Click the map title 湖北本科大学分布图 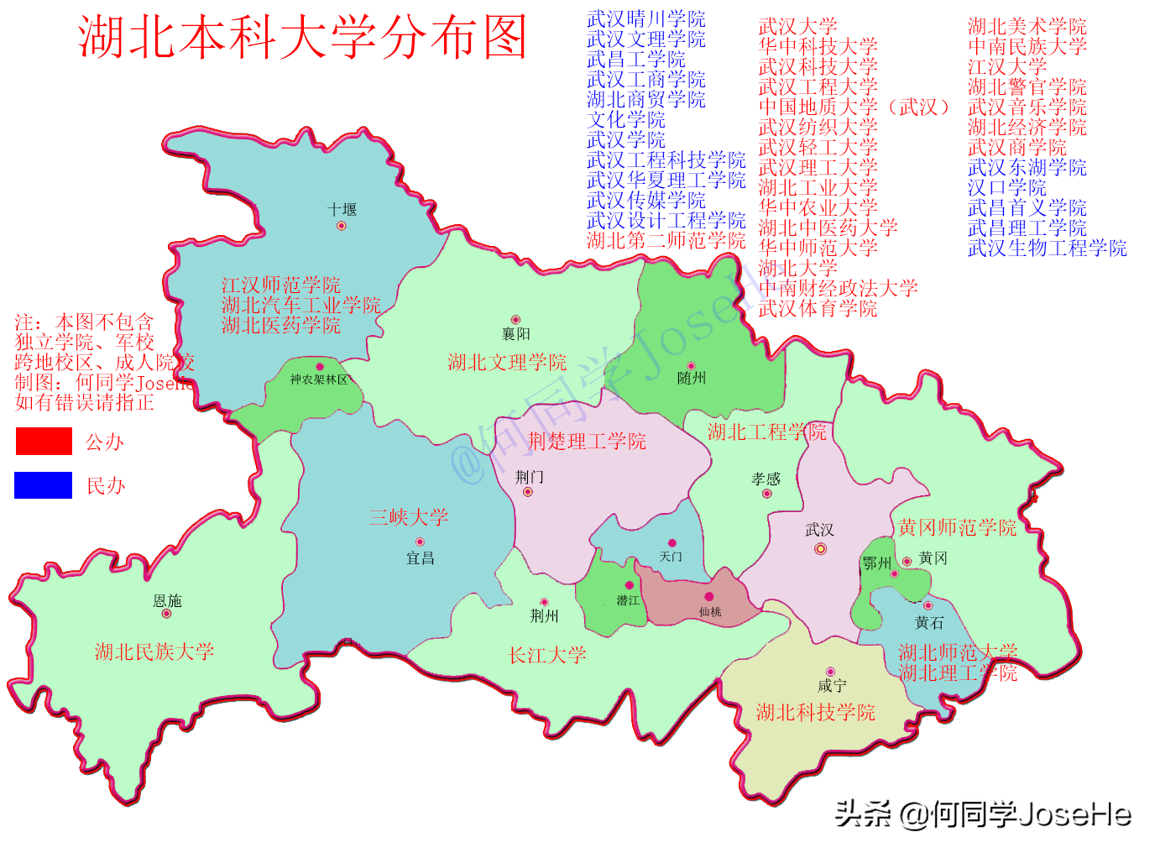pos(302,37)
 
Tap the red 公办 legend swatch pos(44,441)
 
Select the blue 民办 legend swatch pos(44,485)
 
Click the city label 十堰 pos(342,210)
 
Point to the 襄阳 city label pos(515,334)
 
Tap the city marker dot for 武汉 pos(820,549)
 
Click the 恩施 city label pos(167,601)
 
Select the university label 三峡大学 pos(409,517)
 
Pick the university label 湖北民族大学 pos(154,652)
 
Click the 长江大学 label pos(547,655)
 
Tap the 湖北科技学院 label pos(815,713)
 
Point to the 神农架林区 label pos(319,379)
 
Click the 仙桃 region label pos(710,612)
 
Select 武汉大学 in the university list pos(797,27)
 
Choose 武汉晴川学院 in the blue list pos(645,18)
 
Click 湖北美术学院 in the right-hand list pos(1027,27)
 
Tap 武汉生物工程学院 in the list pos(1047,249)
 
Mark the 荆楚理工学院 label pos(587,442)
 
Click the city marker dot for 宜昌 pos(420,542)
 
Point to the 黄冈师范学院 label pos(957,527)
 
